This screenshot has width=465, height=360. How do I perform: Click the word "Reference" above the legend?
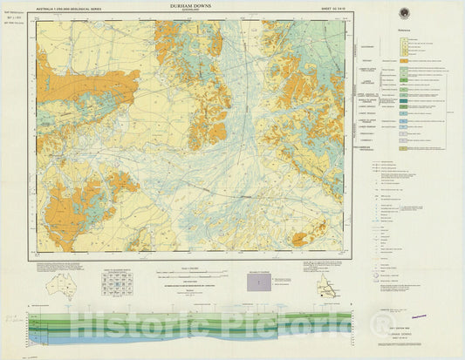(402, 31)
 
